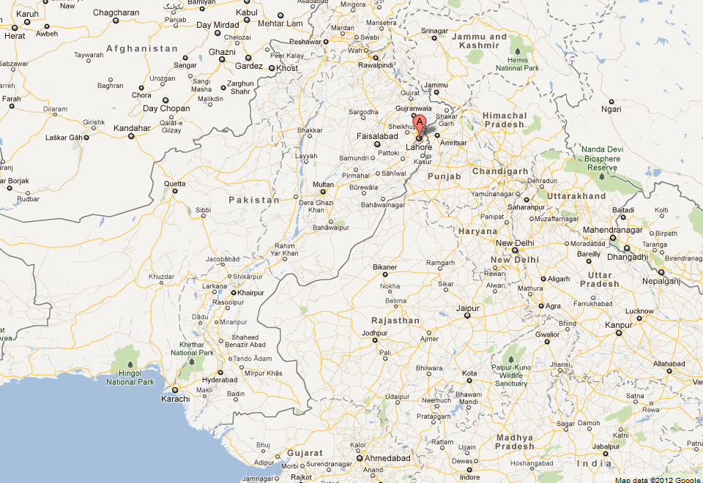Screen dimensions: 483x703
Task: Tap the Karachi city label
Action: [175, 399]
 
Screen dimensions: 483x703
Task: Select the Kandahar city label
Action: [132, 128]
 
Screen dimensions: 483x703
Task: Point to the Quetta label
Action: [174, 183]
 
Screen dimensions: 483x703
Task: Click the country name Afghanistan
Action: [142, 48]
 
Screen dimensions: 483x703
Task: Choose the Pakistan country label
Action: [254, 200]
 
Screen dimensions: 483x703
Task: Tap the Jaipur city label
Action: [468, 308]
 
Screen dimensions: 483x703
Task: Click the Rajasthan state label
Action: [395, 321]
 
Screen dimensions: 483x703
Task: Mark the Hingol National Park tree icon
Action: [130, 364]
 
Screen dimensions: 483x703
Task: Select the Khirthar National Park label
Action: [192, 348]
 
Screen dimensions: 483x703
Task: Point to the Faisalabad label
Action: [376, 135]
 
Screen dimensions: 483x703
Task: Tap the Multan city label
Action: [322, 184]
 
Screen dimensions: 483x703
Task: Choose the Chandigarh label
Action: [500, 171]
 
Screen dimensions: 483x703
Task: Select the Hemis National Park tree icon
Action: [518, 50]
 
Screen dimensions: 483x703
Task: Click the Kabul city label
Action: [248, 13]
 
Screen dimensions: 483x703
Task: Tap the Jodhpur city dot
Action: [365, 333]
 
